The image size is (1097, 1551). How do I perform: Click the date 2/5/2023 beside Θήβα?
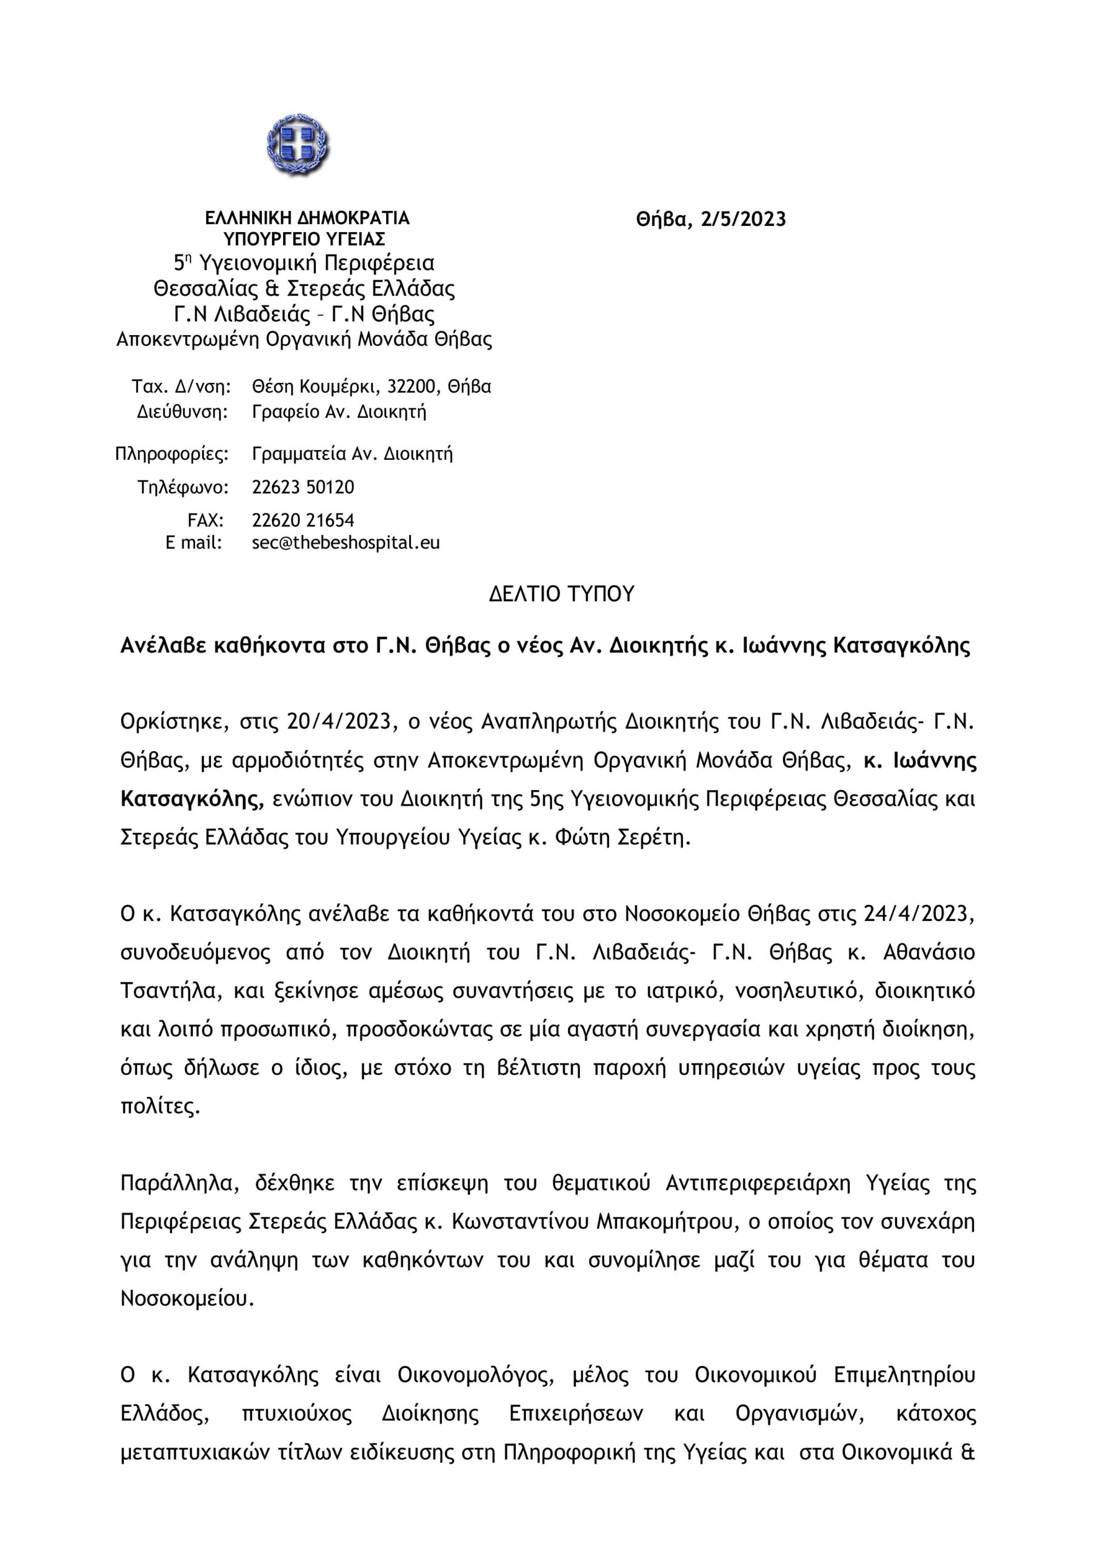(x=744, y=219)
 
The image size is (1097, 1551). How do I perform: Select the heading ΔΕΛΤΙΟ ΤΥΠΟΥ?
(x=562, y=594)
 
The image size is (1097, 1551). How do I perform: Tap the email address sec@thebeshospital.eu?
(x=345, y=542)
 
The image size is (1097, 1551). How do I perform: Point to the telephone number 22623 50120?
(x=303, y=487)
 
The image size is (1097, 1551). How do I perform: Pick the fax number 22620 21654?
(x=303, y=520)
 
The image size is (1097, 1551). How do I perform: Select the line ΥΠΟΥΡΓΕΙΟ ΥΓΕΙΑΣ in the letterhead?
(x=305, y=239)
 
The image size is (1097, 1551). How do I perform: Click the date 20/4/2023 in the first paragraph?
(x=340, y=722)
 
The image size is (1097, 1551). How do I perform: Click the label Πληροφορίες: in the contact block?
(x=172, y=453)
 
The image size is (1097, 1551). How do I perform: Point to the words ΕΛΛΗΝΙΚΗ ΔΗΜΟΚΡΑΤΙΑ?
(x=307, y=218)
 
